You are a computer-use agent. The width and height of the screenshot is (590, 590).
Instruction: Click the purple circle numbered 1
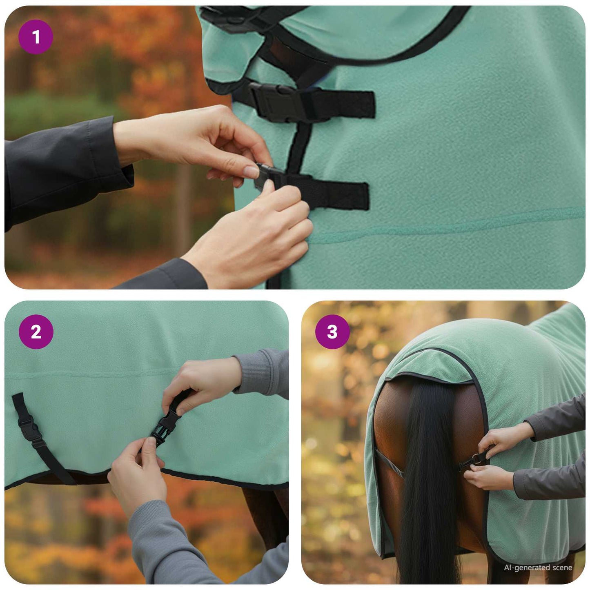coord(36,37)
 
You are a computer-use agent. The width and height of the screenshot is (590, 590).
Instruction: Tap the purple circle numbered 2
coord(36,332)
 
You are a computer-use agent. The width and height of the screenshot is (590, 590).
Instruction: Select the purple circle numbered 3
coord(332,332)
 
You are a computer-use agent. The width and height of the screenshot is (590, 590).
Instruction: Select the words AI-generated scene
coord(538,568)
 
